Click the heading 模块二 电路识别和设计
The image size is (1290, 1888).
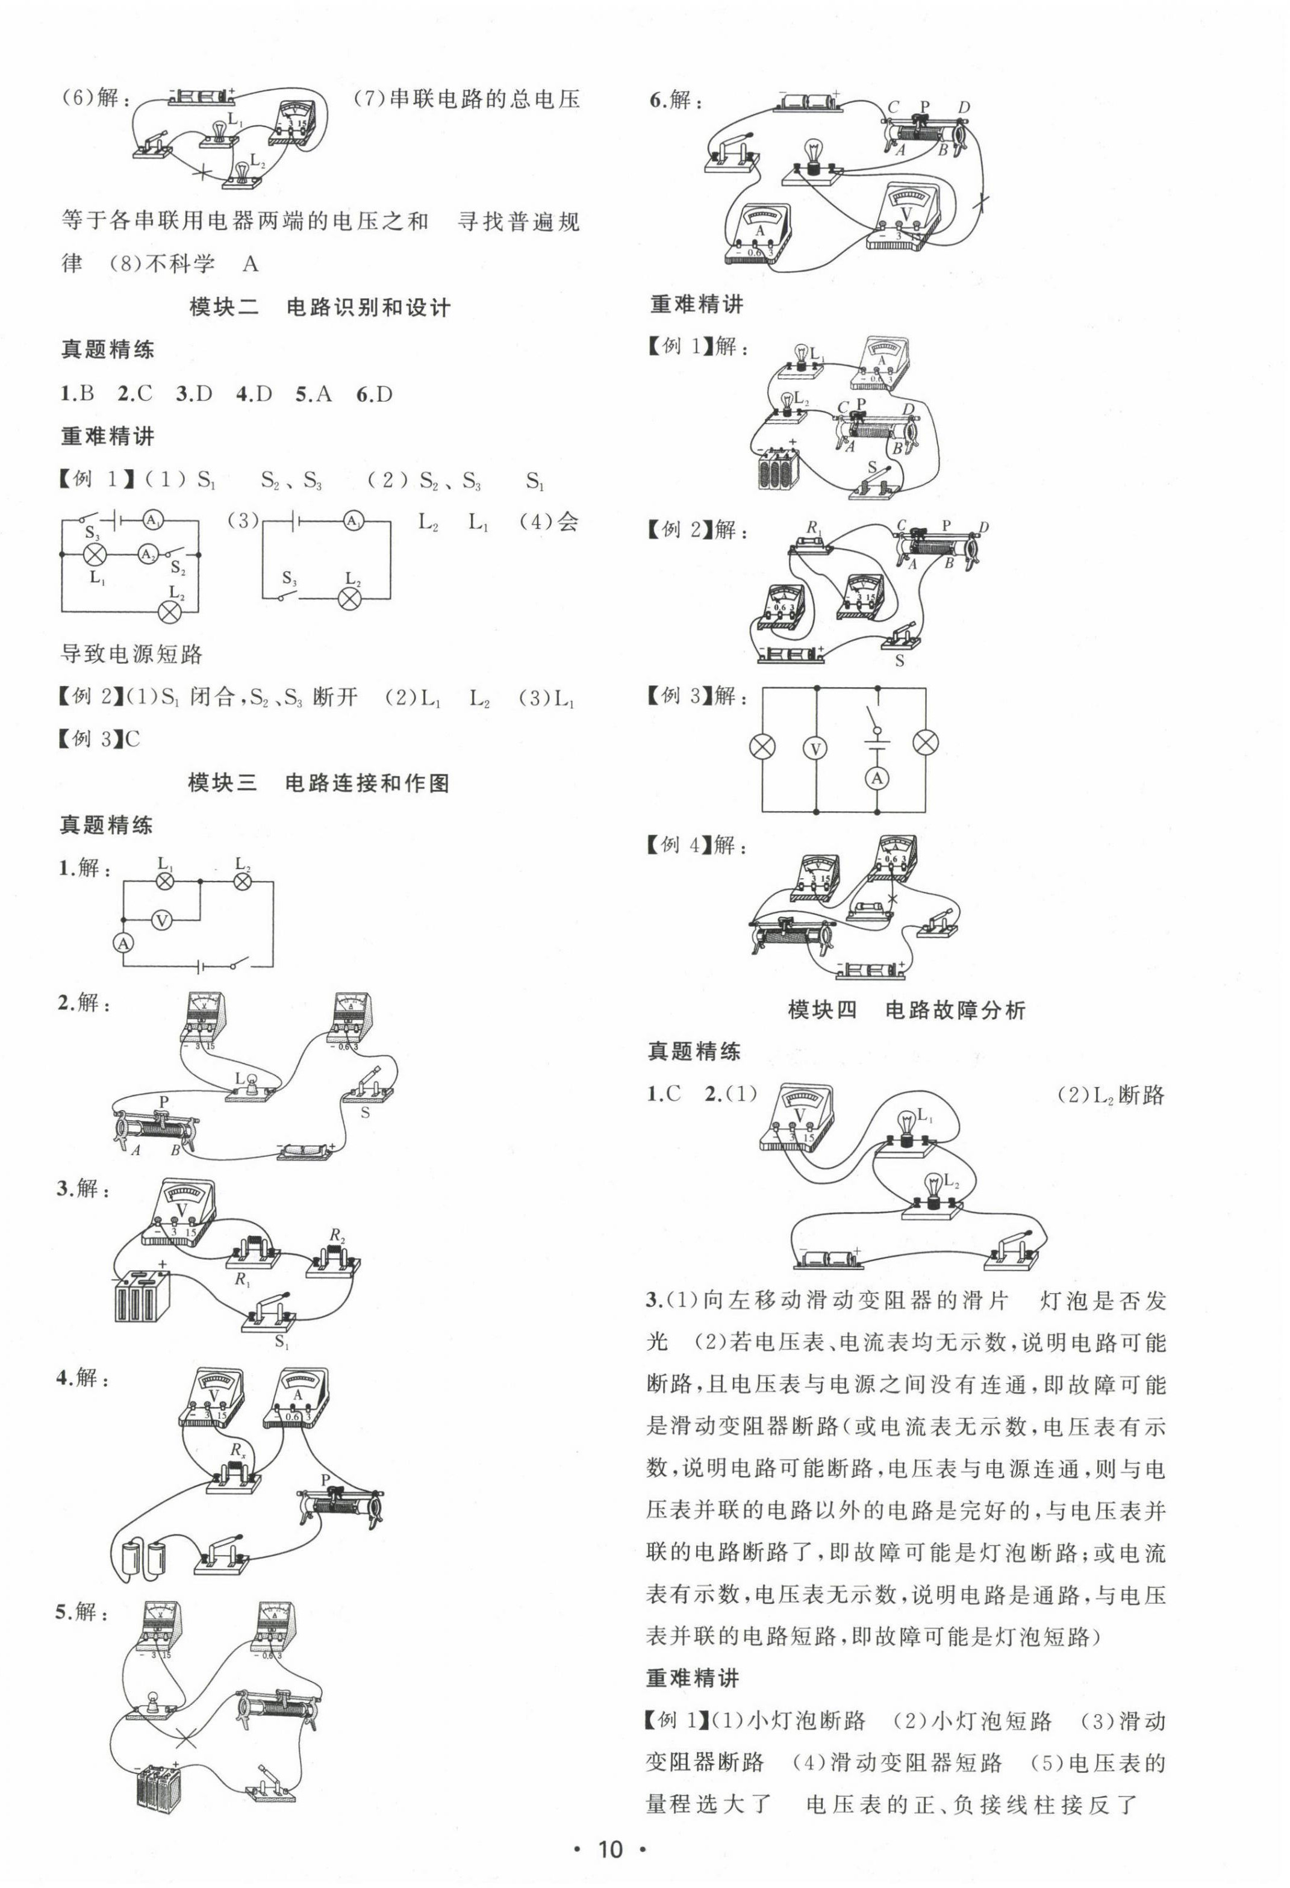(319, 307)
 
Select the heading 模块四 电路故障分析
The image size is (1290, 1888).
(906, 1010)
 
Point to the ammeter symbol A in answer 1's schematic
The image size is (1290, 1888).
(123, 943)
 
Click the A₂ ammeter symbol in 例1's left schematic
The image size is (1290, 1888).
(147, 554)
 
